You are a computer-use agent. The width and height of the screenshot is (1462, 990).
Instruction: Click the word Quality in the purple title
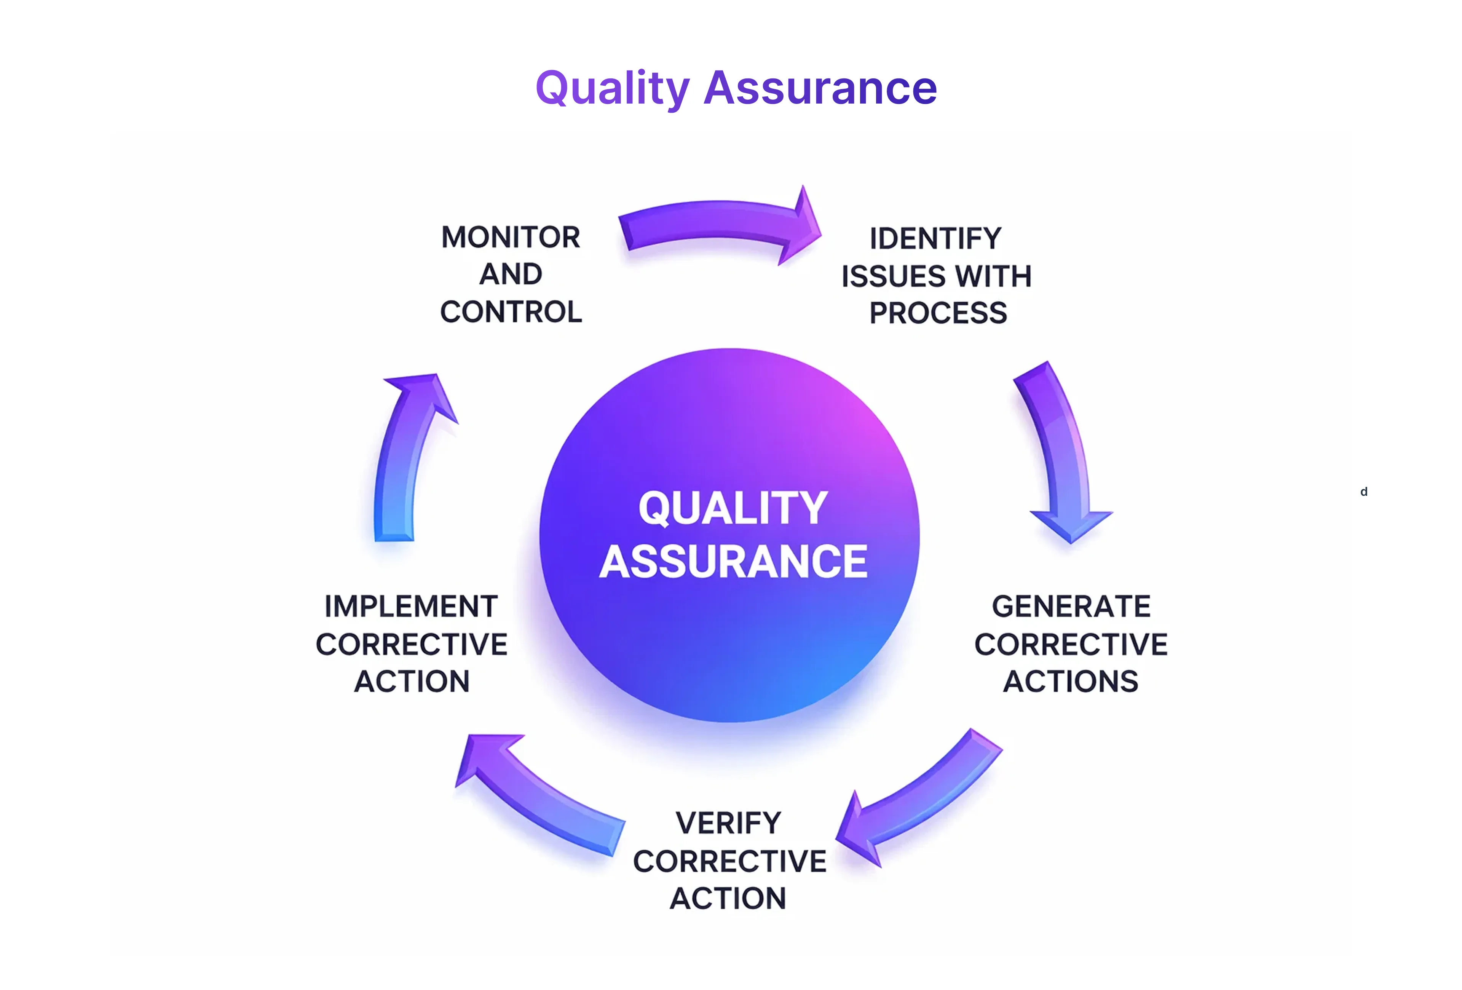[613, 88]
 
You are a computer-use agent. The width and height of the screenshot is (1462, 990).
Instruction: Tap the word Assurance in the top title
[820, 88]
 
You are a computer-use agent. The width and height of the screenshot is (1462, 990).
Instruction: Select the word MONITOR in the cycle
[510, 238]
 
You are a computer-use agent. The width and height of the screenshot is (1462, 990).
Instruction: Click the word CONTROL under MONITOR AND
[511, 312]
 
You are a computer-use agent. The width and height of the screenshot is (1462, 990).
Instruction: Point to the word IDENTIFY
[935, 239]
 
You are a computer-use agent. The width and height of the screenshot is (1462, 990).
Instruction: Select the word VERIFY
[728, 823]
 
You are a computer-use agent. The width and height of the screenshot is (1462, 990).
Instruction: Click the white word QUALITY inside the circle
[733, 508]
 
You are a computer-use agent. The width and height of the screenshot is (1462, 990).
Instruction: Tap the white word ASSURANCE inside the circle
[733, 562]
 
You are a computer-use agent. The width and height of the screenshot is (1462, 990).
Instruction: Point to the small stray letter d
[1364, 492]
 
